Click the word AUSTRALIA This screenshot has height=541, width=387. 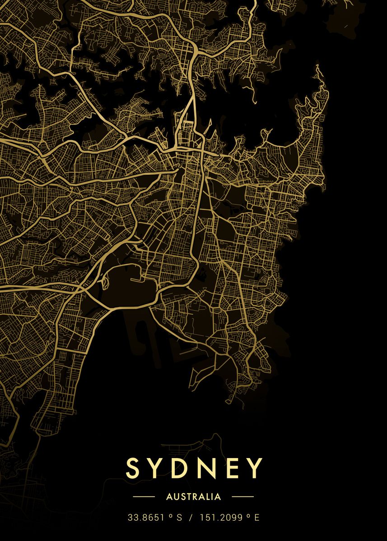click(x=193, y=497)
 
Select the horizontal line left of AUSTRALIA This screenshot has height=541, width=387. click(x=144, y=497)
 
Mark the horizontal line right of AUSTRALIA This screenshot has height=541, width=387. click(x=242, y=497)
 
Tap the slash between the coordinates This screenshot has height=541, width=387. click(x=191, y=518)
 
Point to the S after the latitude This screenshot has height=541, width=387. click(x=179, y=518)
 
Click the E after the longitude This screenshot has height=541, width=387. click(x=257, y=518)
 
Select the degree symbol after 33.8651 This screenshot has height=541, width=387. click(x=171, y=516)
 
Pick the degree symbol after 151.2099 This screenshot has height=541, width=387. click(x=249, y=516)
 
